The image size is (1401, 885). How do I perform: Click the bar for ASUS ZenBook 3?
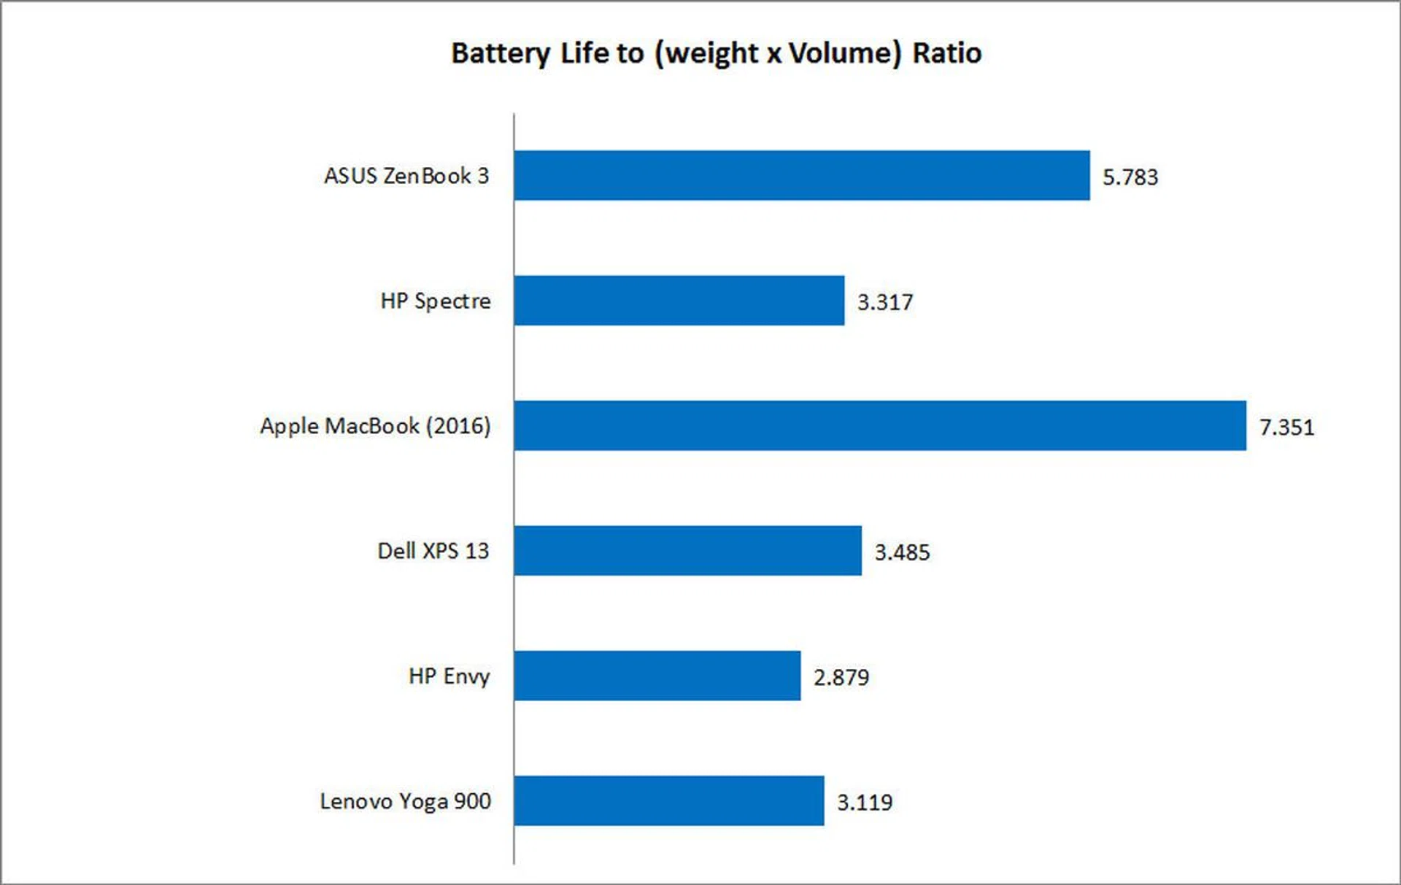pyautogui.click(x=801, y=175)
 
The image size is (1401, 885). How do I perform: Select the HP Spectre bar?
pyautogui.click(x=679, y=300)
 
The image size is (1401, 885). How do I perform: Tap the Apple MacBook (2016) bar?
pyautogui.click(x=879, y=425)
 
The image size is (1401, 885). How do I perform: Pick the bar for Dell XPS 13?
pyautogui.click(x=687, y=550)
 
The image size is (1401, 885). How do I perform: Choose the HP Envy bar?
pyautogui.click(x=657, y=676)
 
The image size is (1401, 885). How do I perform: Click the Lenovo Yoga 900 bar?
pyautogui.click(x=668, y=800)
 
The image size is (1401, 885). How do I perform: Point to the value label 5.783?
pyautogui.click(x=1130, y=177)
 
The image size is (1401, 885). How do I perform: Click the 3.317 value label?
pyautogui.click(x=884, y=302)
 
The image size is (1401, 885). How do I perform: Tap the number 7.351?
pyautogui.click(x=1286, y=427)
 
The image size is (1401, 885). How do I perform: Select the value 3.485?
pyautogui.click(x=902, y=552)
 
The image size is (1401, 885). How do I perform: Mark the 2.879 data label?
pyautogui.click(x=841, y=677)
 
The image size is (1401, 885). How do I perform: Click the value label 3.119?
pyautogui.click(x=864, y=803)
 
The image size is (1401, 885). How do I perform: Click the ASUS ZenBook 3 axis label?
pyautogui.click(x=406, y=176)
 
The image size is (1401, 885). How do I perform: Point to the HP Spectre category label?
pyautogui.click(x=435, y=301)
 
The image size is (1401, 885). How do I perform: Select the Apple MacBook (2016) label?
pyautogui.click(x=375, y=426)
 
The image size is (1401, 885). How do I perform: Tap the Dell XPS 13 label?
pyautogui.click(x=433, y=551)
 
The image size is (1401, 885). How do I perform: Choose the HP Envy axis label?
pyautogui.click(x=449, y=676)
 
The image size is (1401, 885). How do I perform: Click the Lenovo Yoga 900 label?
pyautogui.click(x=405, y=801)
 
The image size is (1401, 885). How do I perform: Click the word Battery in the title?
pyautogui.click(x=501, y=53)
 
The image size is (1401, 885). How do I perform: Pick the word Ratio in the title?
pyautogui.click(x=946, y=53)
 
